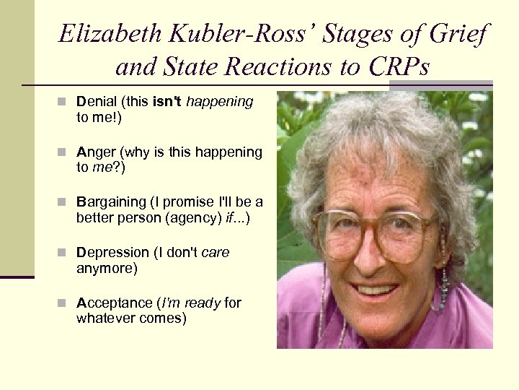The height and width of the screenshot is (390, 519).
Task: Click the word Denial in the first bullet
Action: pyautogui.click(x=94, y=102)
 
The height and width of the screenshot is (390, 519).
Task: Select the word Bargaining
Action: pyautogui.click(x=108, y=202)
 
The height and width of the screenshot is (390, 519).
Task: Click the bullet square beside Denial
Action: pyautogui.click(x=66, y=103)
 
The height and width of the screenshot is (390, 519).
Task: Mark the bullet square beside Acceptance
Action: pyautogui.click(x=66, y=304)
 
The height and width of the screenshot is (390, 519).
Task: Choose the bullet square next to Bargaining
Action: pyautogui.click(x=66, y=203)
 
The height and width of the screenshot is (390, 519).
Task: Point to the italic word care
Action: pyautogui.click(x=216, y=253)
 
